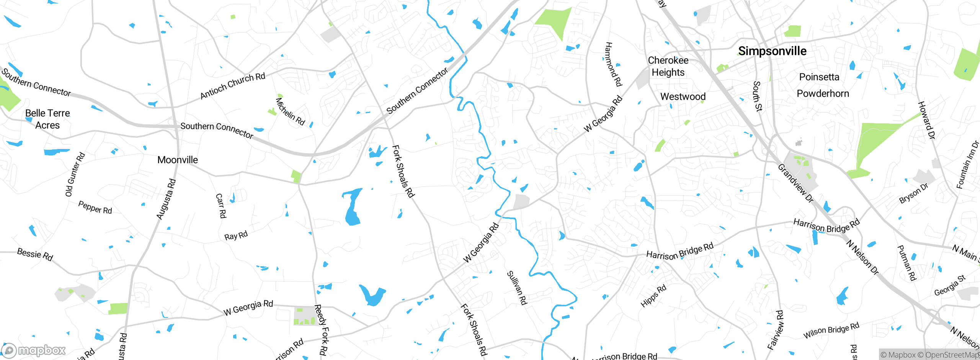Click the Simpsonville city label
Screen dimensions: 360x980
(772, 51)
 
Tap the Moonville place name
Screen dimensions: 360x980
(178, 160)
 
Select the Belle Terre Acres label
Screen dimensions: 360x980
(47, 119)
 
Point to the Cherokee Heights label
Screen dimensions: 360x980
(668, 66)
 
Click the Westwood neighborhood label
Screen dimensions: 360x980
(683, 97)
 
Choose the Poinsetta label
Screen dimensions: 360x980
(819, 77)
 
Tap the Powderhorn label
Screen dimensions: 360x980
(823, 93)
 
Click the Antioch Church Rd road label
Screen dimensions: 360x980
(233, 86)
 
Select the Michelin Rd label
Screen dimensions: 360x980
(290, 111)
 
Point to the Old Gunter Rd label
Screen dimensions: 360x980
(75, 174)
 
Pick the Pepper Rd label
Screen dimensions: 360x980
(95, 207)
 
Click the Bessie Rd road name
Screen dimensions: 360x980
(35, 254)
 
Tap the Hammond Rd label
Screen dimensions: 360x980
(613, 64)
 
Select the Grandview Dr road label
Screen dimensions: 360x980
(795, 183)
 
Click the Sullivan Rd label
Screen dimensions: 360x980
(517, 288)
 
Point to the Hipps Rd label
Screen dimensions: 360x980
(653, 296)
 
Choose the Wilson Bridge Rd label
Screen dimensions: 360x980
(831, 330)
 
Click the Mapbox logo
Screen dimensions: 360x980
(34, 350)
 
